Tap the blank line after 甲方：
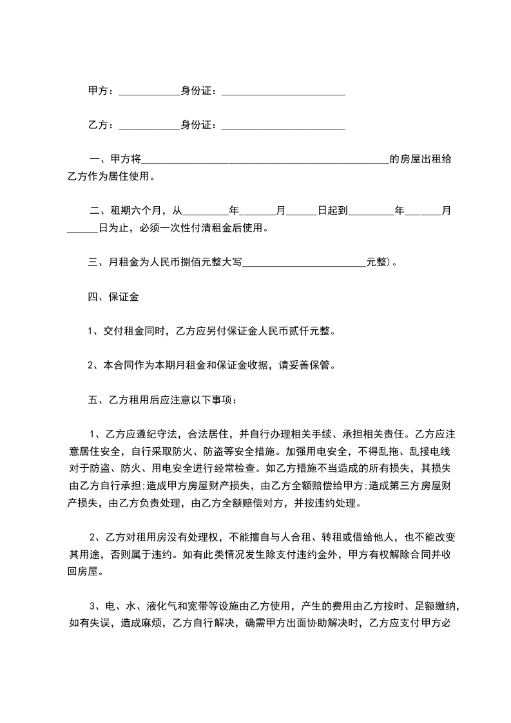pyautogui.click(x=149, y=93)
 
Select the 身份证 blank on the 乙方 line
pyautogui.click(x=284, y=127)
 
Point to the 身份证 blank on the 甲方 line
pyautogui.click(x=284, y=93)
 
